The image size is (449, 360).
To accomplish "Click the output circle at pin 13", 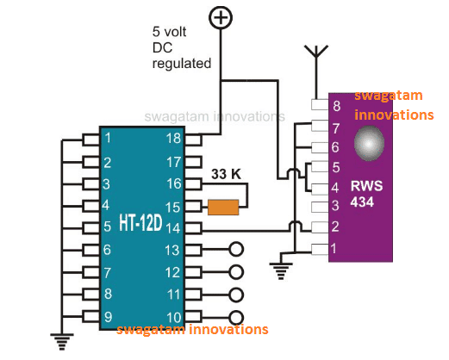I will click(235, 251).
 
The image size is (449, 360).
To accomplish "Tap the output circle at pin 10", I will click(235, 317).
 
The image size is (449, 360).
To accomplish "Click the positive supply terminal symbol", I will click(221, 16).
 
